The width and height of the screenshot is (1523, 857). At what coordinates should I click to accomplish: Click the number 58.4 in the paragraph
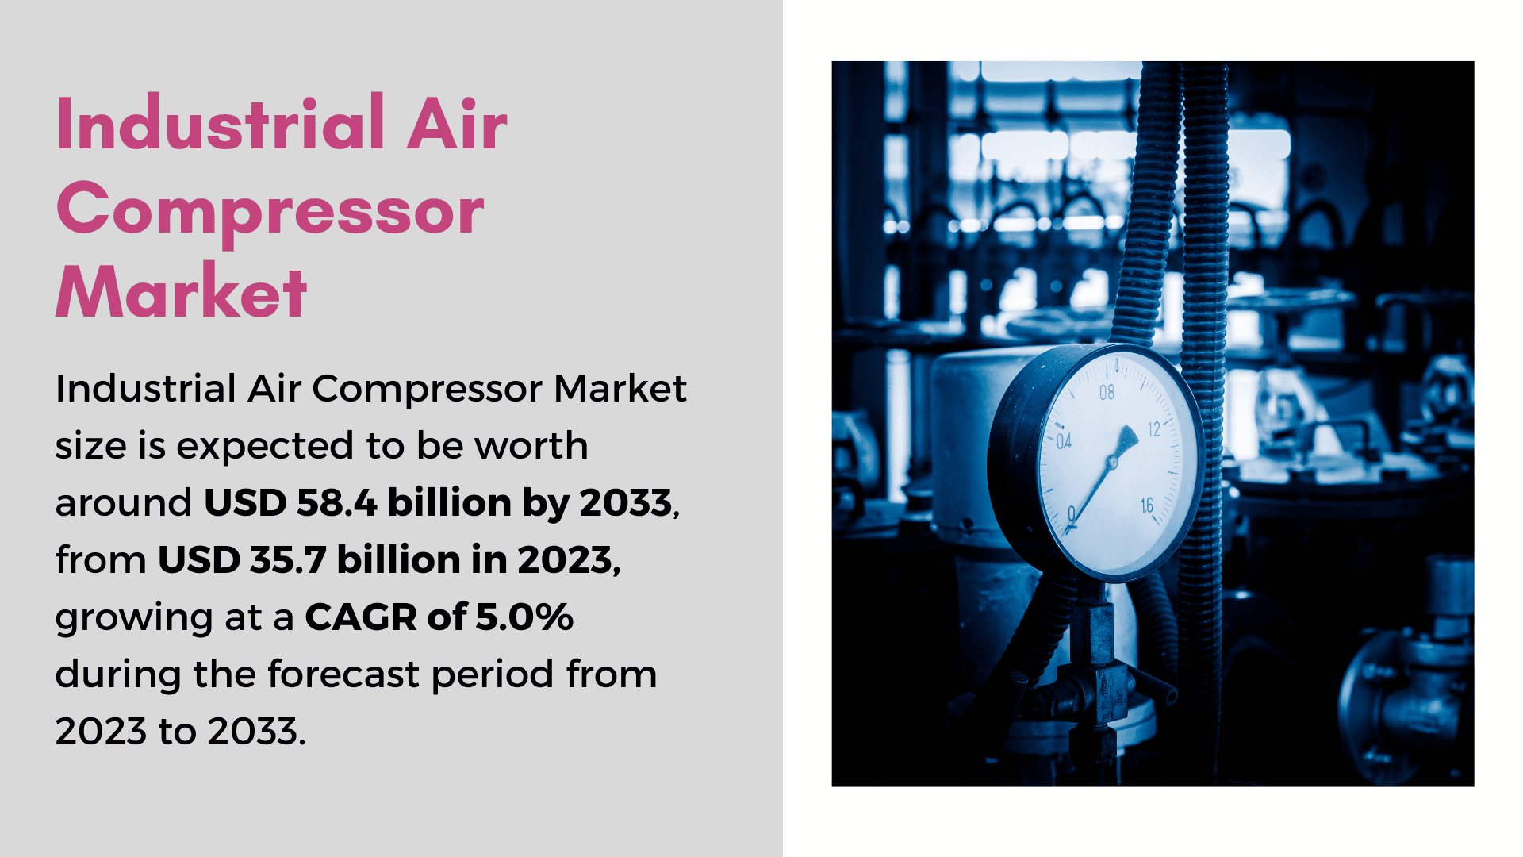tap(336, 502)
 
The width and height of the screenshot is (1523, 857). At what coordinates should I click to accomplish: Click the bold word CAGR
tap(361, 617)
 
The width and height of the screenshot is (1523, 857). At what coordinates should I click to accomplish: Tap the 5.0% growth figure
tap(524, 617)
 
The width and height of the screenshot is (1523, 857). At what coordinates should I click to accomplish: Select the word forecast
tap(343, 674)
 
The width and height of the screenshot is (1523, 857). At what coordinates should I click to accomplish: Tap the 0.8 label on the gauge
tap(1107, 392)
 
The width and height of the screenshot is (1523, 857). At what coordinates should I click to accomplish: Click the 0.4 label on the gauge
tap(1064, 441)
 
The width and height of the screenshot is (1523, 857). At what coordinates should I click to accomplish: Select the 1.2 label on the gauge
tap(1154, 429)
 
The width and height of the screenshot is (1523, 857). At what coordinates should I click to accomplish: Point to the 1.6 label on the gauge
tap(1147, 505)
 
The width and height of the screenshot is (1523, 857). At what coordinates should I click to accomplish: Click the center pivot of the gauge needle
tap(1112, 461)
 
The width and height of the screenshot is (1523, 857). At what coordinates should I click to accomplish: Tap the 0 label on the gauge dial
tap(1072, 513)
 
